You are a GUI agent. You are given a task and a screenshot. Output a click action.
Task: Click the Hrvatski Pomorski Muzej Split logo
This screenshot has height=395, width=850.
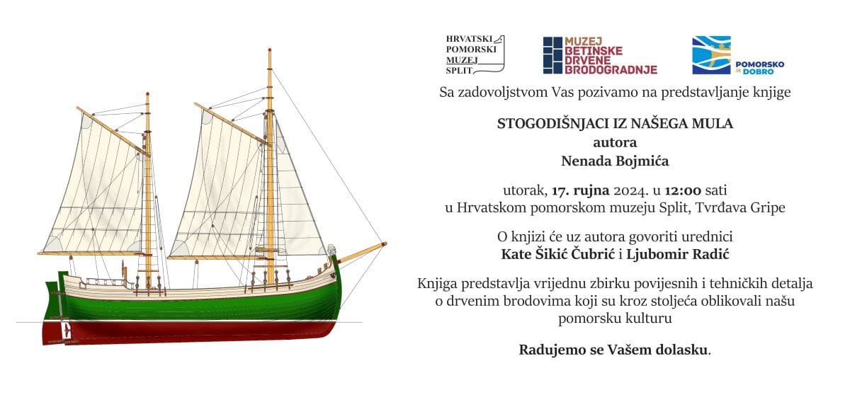[x=475, y=55]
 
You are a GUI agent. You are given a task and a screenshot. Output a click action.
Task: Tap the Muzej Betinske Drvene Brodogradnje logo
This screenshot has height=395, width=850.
[x=600, y=55]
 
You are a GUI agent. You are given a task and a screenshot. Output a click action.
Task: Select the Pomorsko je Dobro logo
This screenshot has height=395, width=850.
[x=738, y=55]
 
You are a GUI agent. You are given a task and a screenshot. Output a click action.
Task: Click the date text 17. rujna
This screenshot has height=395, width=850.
[x=580, y=190]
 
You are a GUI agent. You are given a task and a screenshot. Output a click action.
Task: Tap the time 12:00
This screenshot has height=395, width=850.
[x=683, y=190]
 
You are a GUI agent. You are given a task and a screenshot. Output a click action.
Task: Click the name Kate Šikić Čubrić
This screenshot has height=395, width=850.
[x=558, y=254]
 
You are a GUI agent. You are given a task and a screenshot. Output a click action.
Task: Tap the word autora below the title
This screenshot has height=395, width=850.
[x=615, y=143]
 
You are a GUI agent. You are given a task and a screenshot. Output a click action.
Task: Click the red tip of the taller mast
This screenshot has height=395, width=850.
[x=269, y=50]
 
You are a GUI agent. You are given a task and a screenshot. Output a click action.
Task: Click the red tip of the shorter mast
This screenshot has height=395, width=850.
[x=147, y=93]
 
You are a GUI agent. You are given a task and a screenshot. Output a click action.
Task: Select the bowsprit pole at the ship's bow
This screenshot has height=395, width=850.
[x=362, y=253]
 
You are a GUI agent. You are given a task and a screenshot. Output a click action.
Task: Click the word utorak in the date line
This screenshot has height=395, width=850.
[x=525, y=190]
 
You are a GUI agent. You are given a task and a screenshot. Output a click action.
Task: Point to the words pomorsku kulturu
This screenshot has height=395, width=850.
[x=615, y=319]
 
